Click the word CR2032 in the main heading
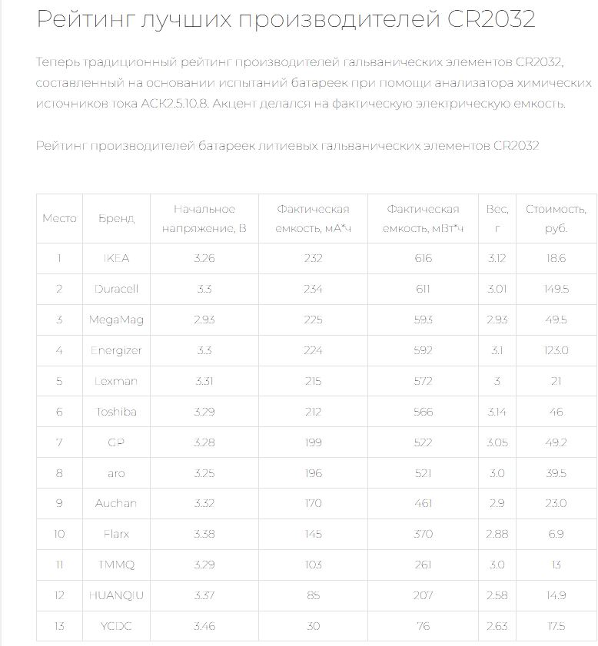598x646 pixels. (x=491, y=19)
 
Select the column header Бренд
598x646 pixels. (x=117, y=219)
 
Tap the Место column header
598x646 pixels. (x=59, y=219)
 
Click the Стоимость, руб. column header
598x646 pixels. (x=556, y=219)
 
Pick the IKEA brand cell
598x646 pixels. (x=117, y=258)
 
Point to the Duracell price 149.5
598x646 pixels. (x=556, y=289)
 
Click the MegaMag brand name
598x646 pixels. (x=117, y=320)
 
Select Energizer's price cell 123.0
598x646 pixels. (x=556, y=350)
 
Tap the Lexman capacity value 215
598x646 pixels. (x=313, y=381)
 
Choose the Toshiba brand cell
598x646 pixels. (x=117, y=412)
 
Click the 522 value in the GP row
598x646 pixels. (x=423, y=442)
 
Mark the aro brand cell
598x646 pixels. (x=117, y=473)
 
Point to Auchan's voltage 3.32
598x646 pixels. (x=204, y=503)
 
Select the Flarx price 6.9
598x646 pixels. (x=556, y=534)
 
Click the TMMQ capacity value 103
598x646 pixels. (x=313, y=565)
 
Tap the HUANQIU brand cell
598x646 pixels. (x=117, y=595)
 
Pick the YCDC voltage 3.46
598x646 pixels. (x=204, y=626)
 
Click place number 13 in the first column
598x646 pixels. (x=59, y=626)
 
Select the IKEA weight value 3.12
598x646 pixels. (x=497, y=258)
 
